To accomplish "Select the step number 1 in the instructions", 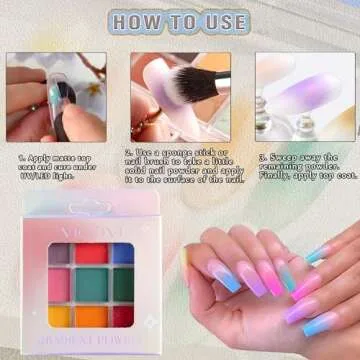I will click(x=21, y=157).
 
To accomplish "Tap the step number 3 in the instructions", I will click(x=262, y=157).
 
